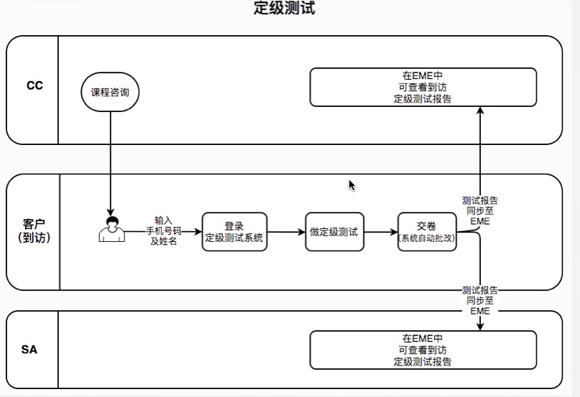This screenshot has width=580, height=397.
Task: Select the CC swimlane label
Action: (x=34, y=85)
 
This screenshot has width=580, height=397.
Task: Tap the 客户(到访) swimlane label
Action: (x=34, y=231)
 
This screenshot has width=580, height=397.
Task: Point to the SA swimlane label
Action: (x=29, y=350)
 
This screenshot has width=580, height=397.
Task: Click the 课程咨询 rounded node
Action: (x=110, y=93)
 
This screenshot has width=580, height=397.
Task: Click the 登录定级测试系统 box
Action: (x=234, y=232)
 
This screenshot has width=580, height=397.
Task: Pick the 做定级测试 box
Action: (x=334, y=232)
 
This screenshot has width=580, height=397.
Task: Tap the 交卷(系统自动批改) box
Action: (x=428, y=232)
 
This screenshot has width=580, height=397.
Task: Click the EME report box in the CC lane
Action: (x=423, y=88)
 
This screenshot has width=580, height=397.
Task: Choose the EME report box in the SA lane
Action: (x=423, y=350)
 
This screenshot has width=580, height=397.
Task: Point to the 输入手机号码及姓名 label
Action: (x=163, y=230)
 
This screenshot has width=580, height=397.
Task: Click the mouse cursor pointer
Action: (x=351, y=185)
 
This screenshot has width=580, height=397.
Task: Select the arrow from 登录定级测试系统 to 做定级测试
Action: (x=286, y=232)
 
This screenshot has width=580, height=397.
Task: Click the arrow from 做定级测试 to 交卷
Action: (x=381, y=232)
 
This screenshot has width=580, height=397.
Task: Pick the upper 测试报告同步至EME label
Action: (x=479, y=211)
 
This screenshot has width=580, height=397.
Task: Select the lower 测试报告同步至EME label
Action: (x=479, y=301)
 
